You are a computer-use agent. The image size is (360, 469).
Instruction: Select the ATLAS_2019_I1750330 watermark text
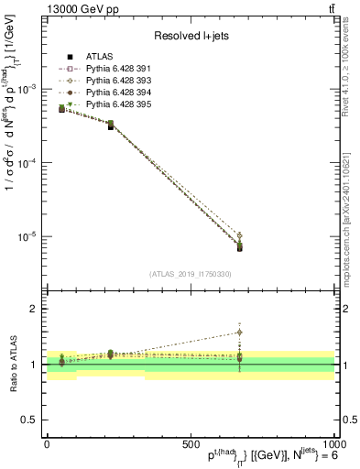[191, 273]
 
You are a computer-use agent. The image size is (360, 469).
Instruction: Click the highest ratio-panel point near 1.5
[240, 333]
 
